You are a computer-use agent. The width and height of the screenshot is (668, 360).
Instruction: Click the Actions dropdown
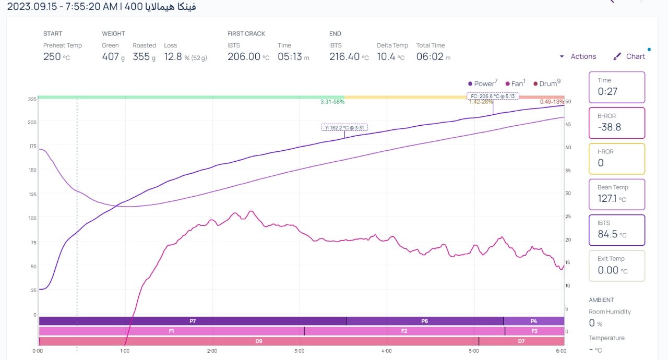coord(578,56)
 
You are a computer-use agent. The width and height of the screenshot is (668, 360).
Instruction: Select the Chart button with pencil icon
coord(629,56)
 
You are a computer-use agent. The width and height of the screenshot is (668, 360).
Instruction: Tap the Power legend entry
coord(483,83)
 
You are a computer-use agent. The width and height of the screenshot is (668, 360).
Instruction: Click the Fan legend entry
coord(516,83)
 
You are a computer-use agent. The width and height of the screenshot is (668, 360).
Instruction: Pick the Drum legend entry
coord(547,83)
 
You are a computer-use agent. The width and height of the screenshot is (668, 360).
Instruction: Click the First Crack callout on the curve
coord(493,96)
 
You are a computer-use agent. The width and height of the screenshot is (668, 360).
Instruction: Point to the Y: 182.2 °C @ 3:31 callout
coord(344,127)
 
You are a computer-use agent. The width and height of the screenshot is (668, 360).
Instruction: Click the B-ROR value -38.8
coord(609,127)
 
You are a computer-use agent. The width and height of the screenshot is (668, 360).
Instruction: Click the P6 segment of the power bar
coord(424,321)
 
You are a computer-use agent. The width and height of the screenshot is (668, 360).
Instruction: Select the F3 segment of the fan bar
coord(534,331)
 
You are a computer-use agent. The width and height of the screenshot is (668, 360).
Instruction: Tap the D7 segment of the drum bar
coord(521,341)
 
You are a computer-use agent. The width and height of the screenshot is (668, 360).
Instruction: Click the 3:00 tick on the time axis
coord(300,351)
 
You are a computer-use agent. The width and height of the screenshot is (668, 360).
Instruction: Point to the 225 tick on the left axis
coord(32,99)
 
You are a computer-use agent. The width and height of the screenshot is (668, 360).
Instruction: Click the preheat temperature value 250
coord(52,57)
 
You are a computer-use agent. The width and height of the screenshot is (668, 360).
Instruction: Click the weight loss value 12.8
coord(173,57)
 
